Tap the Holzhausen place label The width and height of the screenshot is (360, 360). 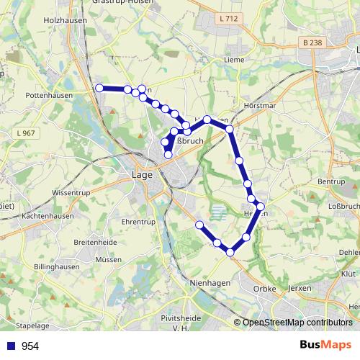coord(66,21)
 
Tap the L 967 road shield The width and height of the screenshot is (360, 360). coord(26,133)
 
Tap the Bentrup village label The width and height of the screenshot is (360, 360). coord(331,181)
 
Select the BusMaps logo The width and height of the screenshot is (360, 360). coord(325,345)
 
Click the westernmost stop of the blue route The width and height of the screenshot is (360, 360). coord(99,88)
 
